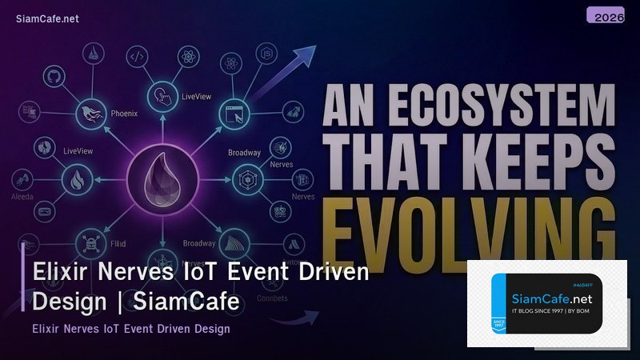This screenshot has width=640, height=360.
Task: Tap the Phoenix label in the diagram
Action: pyautogui.click(x=124, y=114)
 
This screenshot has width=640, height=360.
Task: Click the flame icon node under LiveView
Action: pyautogui.click(x=78, y=180)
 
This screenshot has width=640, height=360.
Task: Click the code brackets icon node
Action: pyautogui.click(x=137, y=56)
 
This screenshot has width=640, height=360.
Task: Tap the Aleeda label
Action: pyautogui.click(x=22, y=196)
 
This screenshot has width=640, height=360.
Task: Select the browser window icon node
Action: pyautogui.click(x=234, y=114)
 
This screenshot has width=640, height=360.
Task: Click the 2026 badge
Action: pyautogui.click(x=605, y=16)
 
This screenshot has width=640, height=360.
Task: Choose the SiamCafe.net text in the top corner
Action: pyautogui.click(x=47, y=19)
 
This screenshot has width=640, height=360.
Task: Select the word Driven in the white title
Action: pyautogui.click(x=326, y=272)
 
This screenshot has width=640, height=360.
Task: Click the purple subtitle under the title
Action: pyautogui.click(x=131, y=329)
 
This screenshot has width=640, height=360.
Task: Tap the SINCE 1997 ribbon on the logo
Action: pyautogui.click(x=498, y=326)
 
